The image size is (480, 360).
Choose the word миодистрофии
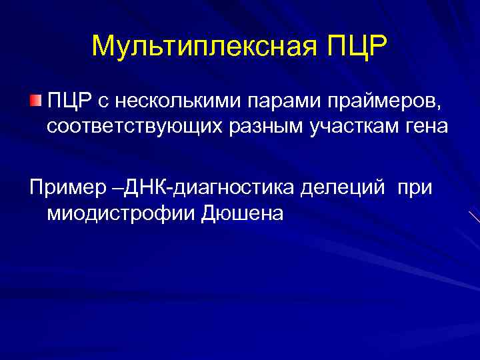(120, 214)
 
